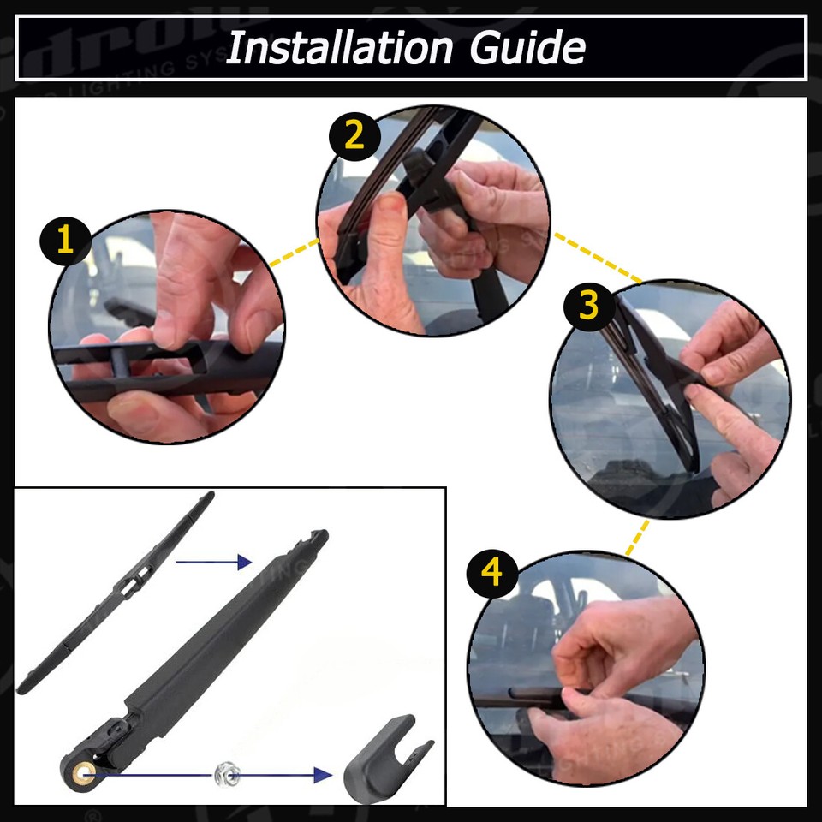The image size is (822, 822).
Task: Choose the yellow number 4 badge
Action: (492, 574)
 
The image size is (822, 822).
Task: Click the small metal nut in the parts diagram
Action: (226, 775)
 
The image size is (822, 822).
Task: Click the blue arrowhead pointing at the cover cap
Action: (322, 775)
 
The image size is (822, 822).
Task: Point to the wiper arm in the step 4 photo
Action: (522, 698)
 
